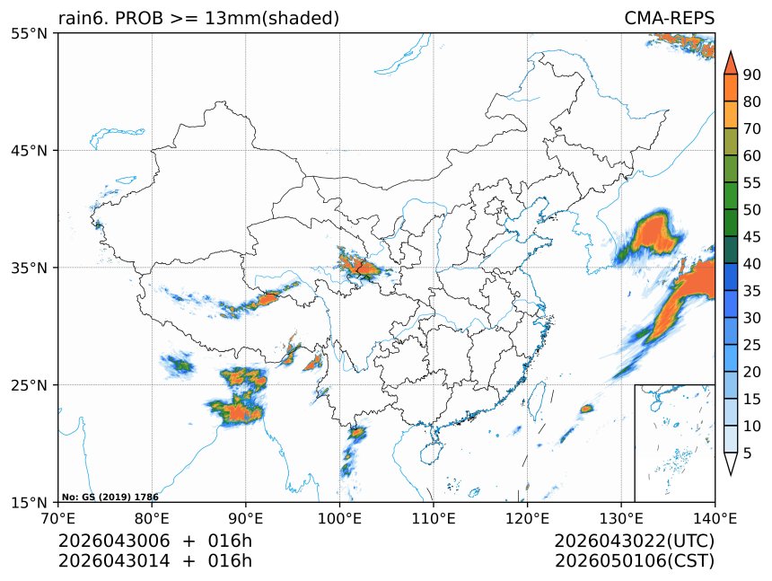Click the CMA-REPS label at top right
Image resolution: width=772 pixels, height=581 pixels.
coord(669,18)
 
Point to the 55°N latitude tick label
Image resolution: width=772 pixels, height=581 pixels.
coord(29,33)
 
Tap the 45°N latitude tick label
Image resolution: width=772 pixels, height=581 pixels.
coord(29,150)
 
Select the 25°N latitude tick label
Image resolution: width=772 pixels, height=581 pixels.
coord(29,384)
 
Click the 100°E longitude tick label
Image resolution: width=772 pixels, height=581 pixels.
coord(339,518)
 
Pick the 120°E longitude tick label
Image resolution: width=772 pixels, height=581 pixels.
coord(527,518)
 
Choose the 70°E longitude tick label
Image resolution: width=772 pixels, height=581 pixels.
coord(58,518)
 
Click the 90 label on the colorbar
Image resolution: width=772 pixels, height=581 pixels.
coord(752,75)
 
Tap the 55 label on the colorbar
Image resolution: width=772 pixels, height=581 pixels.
coord(752,183)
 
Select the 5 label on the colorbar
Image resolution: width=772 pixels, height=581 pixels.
coord(748,453)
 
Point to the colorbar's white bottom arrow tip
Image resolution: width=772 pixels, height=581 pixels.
coord(731,475)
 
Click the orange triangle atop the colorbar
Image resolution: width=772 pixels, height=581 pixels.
coord(731,64)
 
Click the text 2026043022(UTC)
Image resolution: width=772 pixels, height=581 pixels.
coord(634,541)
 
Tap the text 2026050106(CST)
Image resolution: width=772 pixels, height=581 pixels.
coord(634,561)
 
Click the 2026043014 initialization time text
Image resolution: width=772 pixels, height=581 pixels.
coord(114,561)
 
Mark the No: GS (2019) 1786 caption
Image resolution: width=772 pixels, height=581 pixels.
coord(110,497)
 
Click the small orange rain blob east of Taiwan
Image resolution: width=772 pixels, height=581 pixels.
coord(586,409)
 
